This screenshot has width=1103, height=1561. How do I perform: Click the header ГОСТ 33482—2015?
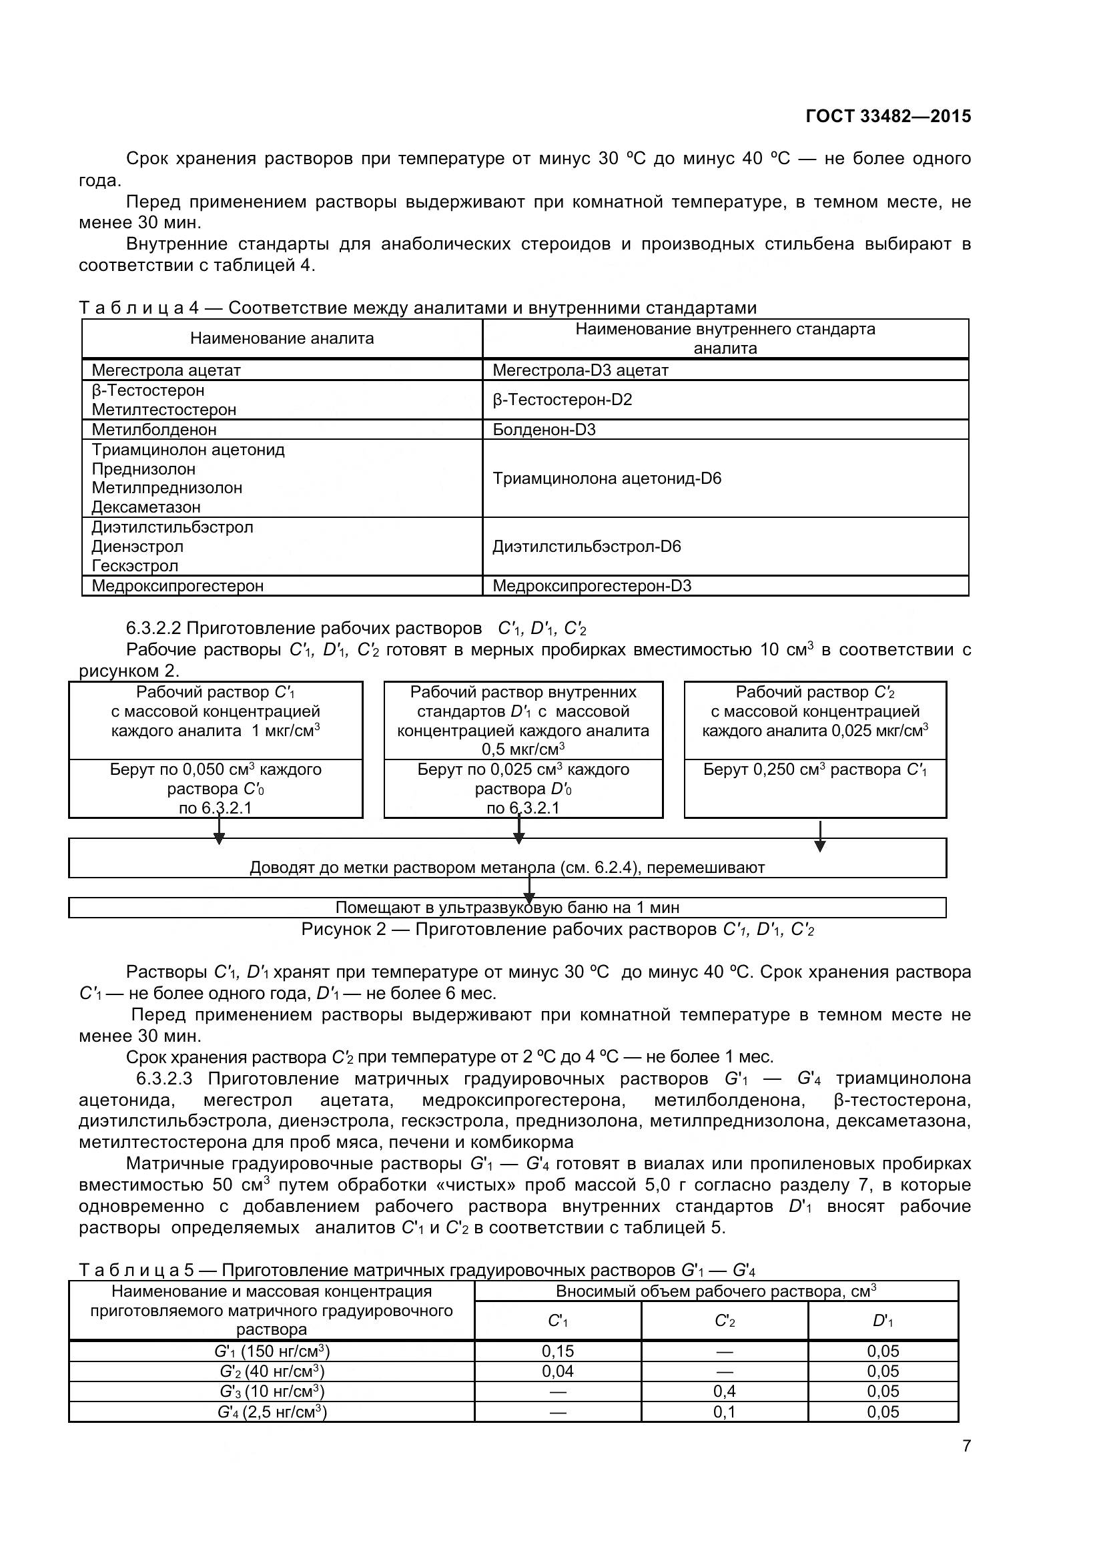click(x=887, y=116)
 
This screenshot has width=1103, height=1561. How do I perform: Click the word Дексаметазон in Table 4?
click(x=146, y=507)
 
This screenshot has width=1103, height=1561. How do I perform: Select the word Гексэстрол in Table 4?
click(x=135, y=566)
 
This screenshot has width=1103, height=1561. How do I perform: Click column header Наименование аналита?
click(x=282, y=338)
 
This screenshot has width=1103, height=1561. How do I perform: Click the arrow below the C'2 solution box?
click(x=819, y=836)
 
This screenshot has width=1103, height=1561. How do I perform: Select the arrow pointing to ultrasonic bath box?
click(x=529, y=889)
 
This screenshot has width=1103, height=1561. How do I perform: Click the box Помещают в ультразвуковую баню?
click(x=507, y=908)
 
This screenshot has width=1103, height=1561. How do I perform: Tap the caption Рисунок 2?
click(x=557, y=930)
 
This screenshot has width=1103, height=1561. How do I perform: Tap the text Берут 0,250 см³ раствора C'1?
click(x=814, y=769)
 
